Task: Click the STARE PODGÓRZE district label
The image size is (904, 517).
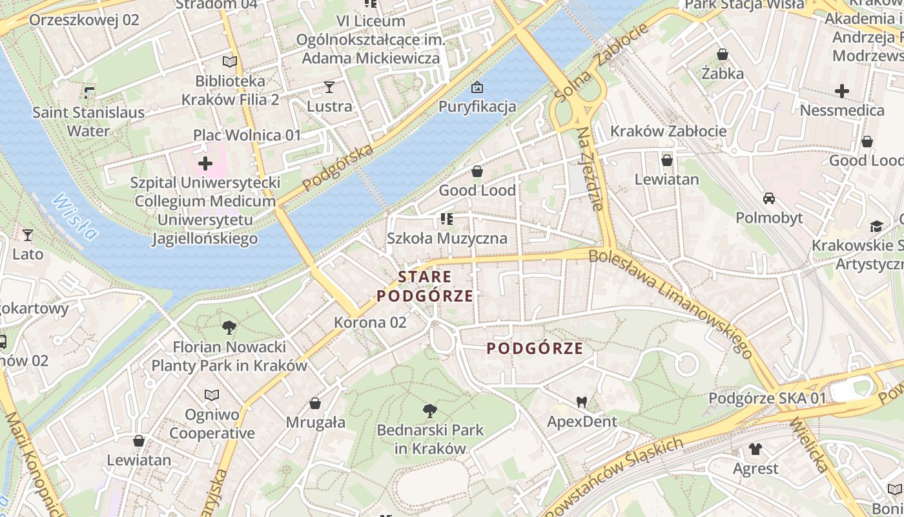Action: coord(425,286)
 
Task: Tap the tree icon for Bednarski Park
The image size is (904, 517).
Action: coord(429,410)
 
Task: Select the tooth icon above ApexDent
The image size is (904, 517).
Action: coord(581,402)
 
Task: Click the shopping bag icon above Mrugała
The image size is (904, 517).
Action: coord(315,403)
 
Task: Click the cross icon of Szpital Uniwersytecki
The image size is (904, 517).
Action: coord(205,164)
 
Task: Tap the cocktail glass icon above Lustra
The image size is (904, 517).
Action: coord(329,87)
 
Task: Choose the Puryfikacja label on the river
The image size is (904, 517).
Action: coord(477,107)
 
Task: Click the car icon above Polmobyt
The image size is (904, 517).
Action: coord(769,198)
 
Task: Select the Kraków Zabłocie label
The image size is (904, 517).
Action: coord(668,131)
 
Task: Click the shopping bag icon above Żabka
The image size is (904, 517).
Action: coord(723,54)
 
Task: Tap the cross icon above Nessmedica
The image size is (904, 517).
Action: coord(842,91)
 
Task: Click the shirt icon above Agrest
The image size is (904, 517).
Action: coord(755,448)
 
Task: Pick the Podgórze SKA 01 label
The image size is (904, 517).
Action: coord(767,398)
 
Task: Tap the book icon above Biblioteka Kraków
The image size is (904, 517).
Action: coord(230,62)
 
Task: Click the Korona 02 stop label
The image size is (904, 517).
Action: coord(370,322)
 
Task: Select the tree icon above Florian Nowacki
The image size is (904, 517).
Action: coord(229,328)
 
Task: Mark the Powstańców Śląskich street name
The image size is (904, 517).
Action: coord(613,476)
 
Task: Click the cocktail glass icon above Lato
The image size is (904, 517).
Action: coord(28,235)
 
